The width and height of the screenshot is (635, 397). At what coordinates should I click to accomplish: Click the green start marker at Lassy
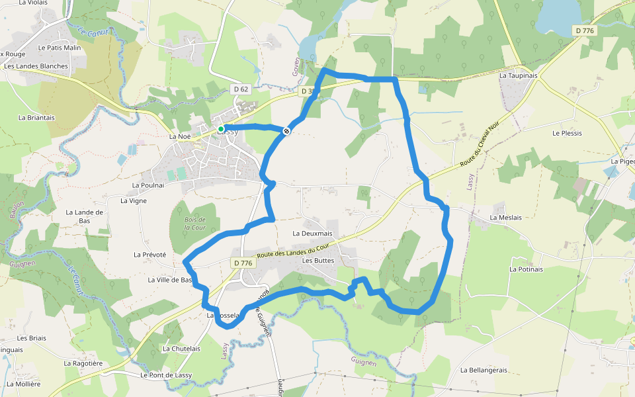[221, 128]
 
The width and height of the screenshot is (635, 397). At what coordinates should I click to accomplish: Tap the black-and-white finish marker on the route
[286, 131]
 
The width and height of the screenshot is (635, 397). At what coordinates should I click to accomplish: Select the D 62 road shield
[241, 89]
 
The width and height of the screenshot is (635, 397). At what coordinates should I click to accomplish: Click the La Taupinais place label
[519, 75]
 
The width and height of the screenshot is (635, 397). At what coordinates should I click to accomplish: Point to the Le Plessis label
[567, 133]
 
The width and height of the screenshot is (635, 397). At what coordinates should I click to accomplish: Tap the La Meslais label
[505, 218]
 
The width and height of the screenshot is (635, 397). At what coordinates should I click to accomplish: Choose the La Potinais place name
[526, 269]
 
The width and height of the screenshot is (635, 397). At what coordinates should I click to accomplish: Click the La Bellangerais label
[484, 370]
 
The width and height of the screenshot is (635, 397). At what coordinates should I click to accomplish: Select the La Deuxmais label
[312, 234]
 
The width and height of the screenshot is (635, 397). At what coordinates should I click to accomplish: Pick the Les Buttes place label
[318, 261]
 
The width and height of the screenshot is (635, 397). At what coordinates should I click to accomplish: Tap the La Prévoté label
[149, 255]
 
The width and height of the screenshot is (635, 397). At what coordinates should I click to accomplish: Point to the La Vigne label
[134, 200]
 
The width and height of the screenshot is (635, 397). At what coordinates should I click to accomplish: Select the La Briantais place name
[36, 118]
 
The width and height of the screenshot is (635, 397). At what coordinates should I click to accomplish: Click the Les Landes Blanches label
[36, 66]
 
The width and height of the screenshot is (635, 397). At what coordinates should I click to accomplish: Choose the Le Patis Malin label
[60, 48]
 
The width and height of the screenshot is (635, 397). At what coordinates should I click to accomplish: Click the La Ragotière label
[83, 363]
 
